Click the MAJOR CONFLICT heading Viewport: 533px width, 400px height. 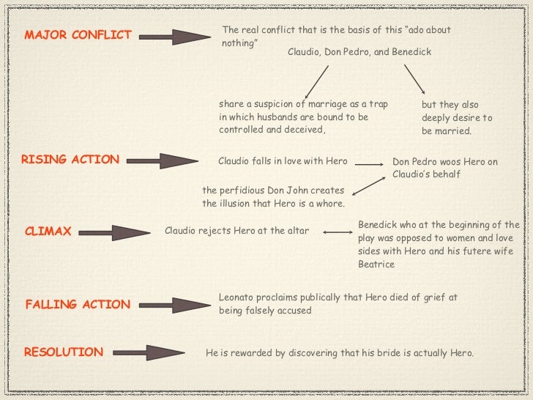pyautogui.click(x=78, y=35)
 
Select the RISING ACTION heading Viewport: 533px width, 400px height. pyautogui.click(x=70, y=159)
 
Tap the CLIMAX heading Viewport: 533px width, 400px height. pyautogui.click(x=48, y=232)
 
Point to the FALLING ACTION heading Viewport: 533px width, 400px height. pyautogui.click(x=78, y=304)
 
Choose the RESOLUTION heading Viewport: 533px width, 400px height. pyautogui.click(x=64, y=352)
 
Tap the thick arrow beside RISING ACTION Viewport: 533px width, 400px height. pyautogui.click(x=168, y=160)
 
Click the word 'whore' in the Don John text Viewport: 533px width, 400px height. pyautogui.click(x=327, y=204)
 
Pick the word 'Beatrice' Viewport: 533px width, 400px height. pyautogui.click(x=376, y=264)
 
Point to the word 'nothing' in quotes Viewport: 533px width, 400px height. pyautogui.click(x=239, y=43)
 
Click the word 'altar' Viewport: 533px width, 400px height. pyautogui.click(x=296, y=232)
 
